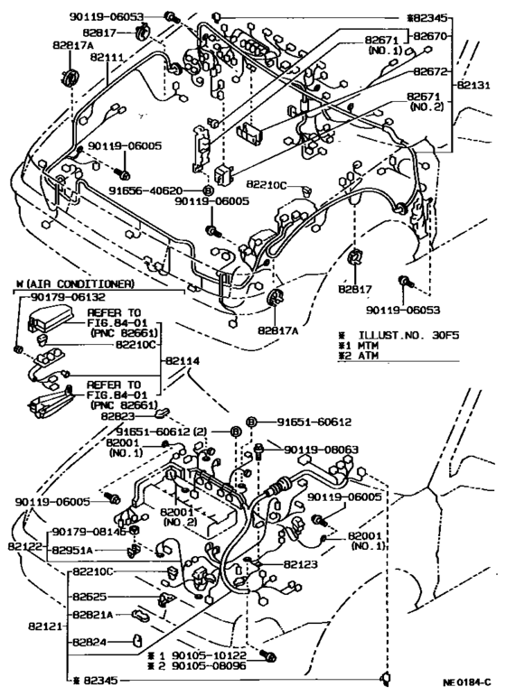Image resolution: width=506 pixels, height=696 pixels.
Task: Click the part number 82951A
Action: [75, 549]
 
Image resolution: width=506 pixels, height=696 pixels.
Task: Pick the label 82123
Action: [304, 564]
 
